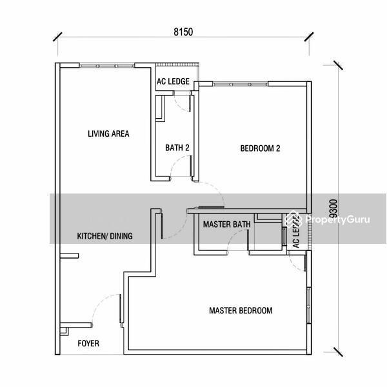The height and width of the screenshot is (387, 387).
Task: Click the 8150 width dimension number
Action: point(183,32)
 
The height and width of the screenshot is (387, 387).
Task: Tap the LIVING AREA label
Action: point(108,134)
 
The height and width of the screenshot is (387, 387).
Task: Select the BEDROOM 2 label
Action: point(260,148)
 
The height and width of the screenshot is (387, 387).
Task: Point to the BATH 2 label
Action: point(177,148)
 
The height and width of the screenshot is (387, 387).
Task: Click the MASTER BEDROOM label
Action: point(241,310)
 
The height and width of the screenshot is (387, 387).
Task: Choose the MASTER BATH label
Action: point(227,224)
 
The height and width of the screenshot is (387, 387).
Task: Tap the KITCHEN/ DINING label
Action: point(104,236)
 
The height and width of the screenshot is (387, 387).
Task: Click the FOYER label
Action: point(88,343)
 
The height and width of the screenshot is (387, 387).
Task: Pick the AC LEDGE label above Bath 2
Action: point(173,81)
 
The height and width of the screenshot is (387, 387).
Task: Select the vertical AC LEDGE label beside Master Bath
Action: point(296,232)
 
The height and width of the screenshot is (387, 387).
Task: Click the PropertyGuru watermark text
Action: point(337,219)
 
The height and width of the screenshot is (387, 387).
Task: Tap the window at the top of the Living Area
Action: point(107,66)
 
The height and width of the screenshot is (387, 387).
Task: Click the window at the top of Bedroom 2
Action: point(240,84)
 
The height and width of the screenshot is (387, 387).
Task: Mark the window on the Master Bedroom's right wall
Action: point(308,306)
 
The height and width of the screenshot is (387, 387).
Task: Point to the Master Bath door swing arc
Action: point(233,235)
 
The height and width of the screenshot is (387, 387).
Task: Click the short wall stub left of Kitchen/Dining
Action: point(69,255)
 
